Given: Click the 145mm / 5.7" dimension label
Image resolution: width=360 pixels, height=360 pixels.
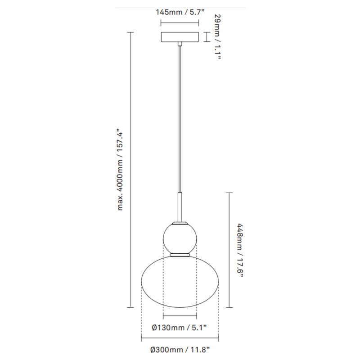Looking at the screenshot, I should click(180, 13).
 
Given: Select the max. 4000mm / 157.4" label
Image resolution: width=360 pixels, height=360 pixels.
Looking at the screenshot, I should click(120, 170).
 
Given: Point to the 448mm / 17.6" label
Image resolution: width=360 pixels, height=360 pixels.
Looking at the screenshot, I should click(240, 250).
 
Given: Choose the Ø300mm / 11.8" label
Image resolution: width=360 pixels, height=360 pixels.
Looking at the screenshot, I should click(180, 349).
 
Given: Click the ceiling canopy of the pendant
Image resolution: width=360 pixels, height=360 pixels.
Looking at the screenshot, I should click(180, 37).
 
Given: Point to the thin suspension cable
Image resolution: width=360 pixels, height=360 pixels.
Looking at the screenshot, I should click(180, 117).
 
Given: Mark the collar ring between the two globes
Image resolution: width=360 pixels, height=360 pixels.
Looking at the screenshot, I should click(180, 255).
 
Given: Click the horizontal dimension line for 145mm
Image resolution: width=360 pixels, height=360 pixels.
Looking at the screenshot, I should click(180, 23).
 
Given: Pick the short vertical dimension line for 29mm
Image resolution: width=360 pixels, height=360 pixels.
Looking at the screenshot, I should click(207, 37).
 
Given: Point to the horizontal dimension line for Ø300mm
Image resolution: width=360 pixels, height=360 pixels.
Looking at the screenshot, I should click(180, 338).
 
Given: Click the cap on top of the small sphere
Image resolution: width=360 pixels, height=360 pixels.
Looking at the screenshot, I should click(180, 222).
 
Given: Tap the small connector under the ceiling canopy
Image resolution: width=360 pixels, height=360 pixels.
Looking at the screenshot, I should click(180, 44).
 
